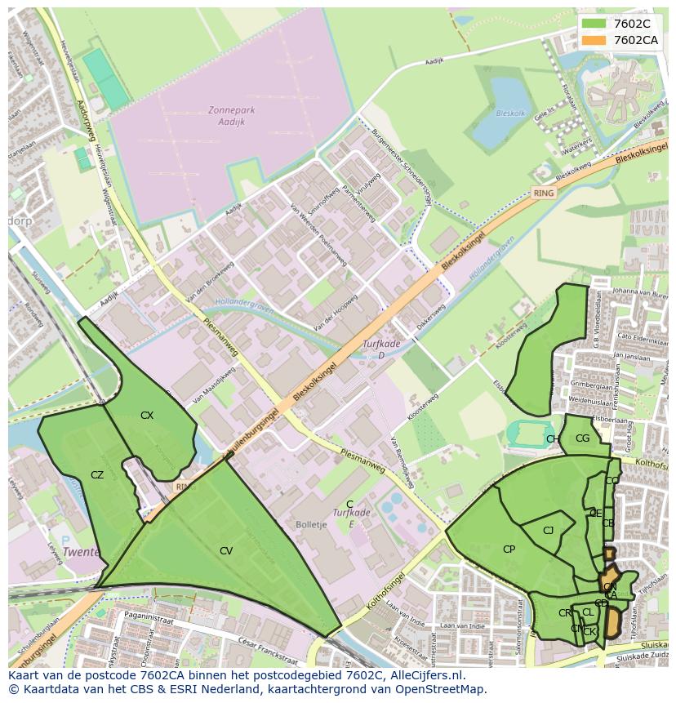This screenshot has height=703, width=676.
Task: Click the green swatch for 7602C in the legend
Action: click(x=594, y=24)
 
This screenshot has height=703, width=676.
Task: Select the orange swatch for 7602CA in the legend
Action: click(x=594, y=40)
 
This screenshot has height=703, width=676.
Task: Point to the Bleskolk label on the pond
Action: click(x=510, y=113)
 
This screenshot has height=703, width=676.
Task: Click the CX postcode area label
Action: click(x=147, y=416)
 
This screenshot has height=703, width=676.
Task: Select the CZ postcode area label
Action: click(x=97, y=474)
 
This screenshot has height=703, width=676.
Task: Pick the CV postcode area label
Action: click(x=226, y=551)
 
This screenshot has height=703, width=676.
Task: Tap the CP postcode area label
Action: click(x=509, y=549)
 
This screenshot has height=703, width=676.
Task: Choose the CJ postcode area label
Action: click(x=548, y=531)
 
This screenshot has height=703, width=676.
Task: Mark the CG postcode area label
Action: click(x=582, y=438)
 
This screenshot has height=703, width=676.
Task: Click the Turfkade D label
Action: click(x=381, y=349)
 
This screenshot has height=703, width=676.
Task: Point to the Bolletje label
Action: click(x=311, y=523)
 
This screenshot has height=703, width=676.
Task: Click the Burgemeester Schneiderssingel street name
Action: click(x=402, y=159)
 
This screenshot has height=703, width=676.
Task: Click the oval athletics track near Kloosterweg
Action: click(x=530, y=432)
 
